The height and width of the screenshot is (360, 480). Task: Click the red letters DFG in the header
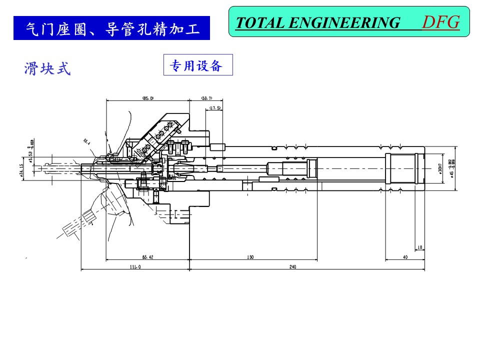tap(440, 22)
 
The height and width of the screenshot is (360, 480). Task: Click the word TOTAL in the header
tap(259, 23)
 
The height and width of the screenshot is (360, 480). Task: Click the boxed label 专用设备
tap(198, 65)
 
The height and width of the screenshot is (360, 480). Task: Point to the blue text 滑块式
tap(47, 69)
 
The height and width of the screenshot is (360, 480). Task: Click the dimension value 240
tap(292, 267)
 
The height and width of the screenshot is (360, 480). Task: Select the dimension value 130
tap(250, 257)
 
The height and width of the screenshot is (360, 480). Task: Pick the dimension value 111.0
tap(135, 267)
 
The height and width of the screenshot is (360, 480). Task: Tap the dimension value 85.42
tap(147, 257)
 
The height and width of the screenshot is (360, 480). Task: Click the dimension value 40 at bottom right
tap(405, 257)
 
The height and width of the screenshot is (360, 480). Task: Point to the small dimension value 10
tap(419, 247)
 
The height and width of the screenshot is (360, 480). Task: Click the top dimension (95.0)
tap(148, 98)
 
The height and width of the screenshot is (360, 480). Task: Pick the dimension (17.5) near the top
tap(215, 107)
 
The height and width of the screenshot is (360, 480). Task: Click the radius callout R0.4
tap(86, 142)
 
